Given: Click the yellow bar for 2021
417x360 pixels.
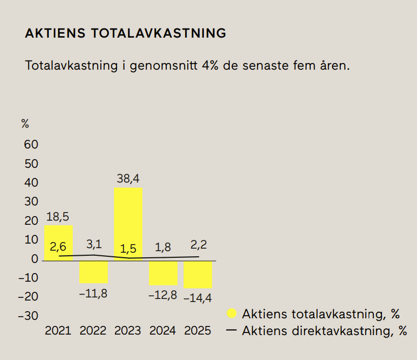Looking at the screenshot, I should (58, 243).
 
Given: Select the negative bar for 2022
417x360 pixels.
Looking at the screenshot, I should (93, 272).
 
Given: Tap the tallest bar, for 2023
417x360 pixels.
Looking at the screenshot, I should (128, 224).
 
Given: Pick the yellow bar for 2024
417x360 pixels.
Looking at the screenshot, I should (163, 273).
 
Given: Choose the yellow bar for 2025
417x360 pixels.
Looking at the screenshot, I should (198, 275).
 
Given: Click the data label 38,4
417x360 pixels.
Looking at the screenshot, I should (128, 178).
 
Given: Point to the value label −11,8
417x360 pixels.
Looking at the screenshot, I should (93, 293).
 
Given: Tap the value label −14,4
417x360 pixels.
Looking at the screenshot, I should (197, 298).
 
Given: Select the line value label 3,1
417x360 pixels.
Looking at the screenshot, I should (94, 244).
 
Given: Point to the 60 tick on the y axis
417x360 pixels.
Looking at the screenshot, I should (31, 144).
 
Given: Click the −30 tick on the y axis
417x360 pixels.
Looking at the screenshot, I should (28, 316).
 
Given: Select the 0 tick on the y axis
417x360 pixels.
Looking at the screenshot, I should (35, 259).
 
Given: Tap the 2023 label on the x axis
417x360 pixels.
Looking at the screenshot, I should (128, 331).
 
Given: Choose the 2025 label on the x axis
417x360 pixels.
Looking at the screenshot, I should (197, 331).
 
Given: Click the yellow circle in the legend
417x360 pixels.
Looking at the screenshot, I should (231, 313).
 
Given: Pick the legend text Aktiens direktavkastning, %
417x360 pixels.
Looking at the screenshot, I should (324, 331).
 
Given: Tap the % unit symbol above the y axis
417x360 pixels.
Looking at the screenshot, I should (25, 124).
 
